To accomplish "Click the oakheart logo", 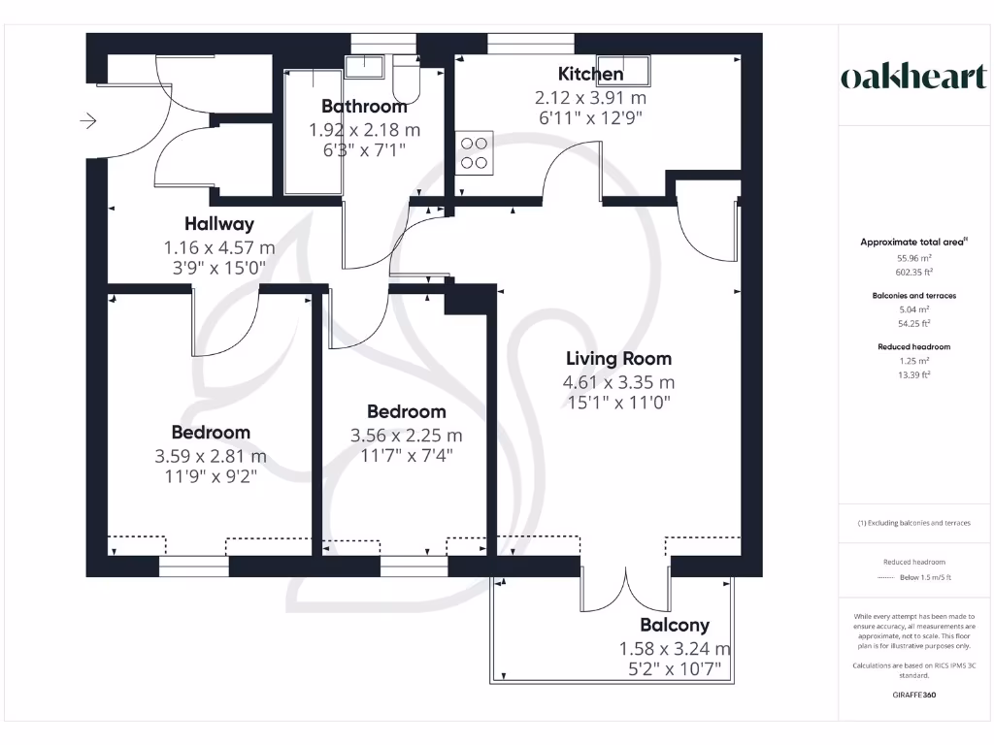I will (912, 78).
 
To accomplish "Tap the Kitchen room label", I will (590, 74).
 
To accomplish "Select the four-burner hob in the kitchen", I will (474, 152).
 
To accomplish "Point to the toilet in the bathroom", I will (405, 80).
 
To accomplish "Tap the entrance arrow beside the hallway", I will (88, 121).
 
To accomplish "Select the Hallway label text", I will (219, 224).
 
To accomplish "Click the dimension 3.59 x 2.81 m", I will (210, 456).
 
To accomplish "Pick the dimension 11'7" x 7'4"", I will (407, 455).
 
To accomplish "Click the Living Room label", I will (618, 359).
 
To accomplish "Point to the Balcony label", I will (674, 626).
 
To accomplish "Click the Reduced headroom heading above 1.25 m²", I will (913, 346).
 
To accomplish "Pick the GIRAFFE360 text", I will (913, 695).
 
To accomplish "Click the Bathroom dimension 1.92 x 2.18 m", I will (364, 129).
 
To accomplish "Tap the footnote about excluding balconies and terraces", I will (913, 523).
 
